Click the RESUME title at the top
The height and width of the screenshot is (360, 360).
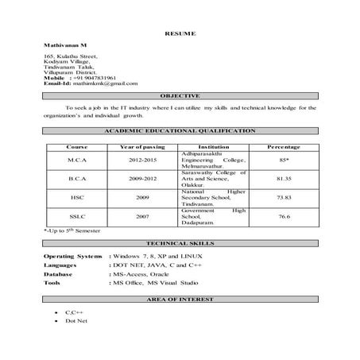click(180, 33)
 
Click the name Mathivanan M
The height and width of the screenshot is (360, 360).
click(64, 47)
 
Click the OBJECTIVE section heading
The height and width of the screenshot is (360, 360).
click(180, 95)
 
